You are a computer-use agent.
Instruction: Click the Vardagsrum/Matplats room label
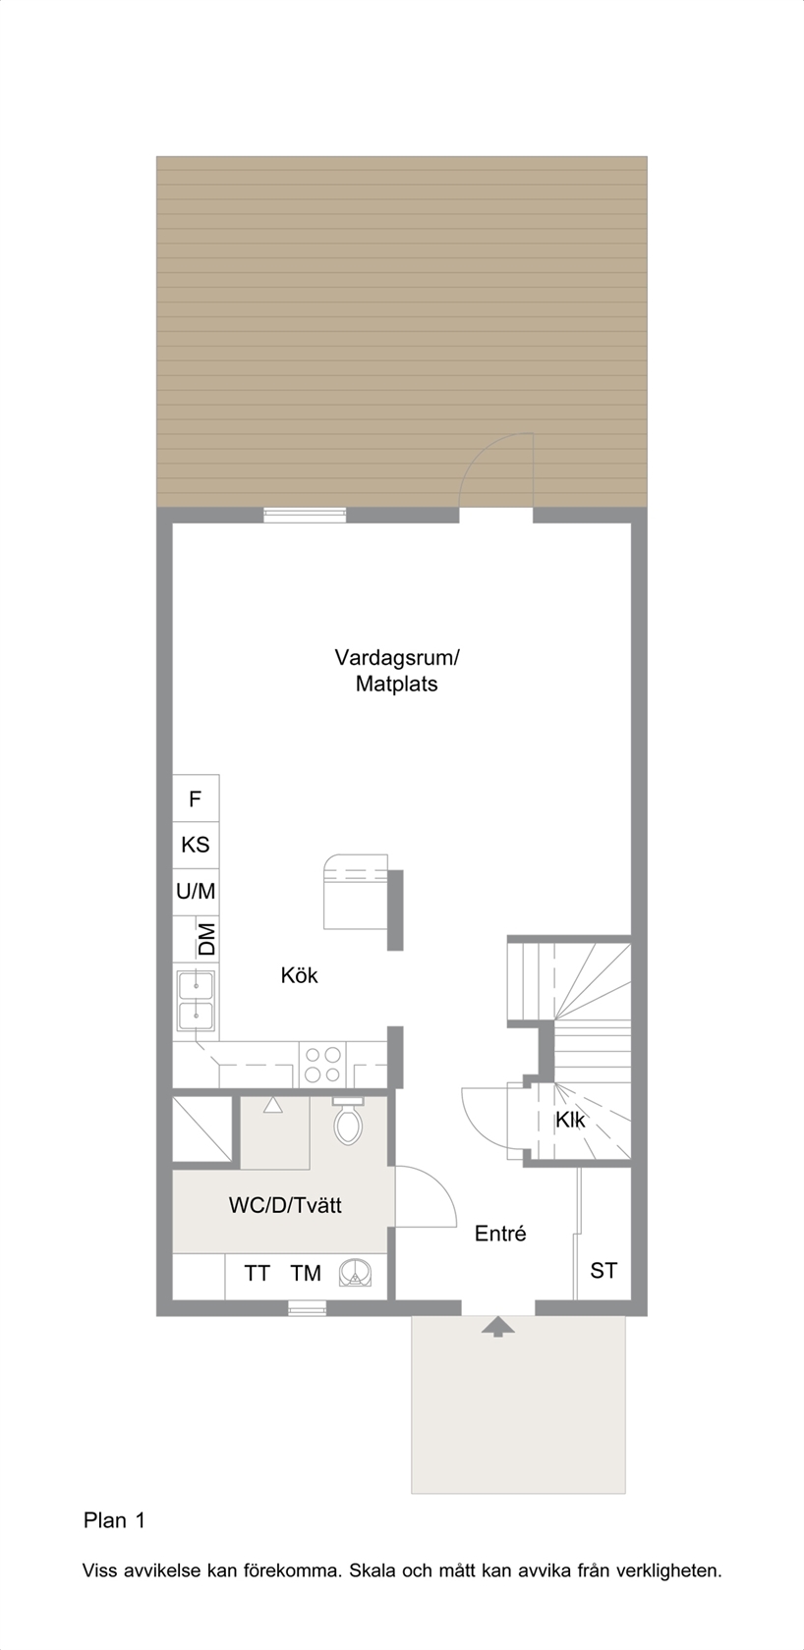[x=396, y=670]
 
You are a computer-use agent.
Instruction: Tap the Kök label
[x=299, y=975]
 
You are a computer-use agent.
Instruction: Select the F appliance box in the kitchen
[x=196, y=798]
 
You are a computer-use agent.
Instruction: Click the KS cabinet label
[x=196, y=845]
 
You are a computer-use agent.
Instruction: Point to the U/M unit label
[x=196, y=892]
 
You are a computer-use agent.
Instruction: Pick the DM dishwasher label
[x=207, y=939]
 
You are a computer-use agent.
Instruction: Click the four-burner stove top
[x=322, y=1065]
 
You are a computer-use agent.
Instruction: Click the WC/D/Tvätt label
[x=285, y=1206]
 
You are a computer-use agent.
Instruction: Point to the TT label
[x=258, y=1273]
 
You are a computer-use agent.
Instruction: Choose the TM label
[x=306, y=1273]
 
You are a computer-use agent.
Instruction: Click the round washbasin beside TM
[x=356, y=1273]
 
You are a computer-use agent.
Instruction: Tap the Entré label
[x=500, y=1234]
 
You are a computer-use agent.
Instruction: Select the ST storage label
[x=603, y=1271]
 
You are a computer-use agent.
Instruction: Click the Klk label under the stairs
[x=570, y=1121]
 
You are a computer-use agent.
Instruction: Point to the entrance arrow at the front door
[x=498, y=1327]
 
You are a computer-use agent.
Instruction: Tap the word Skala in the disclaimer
[x=373, y=1571]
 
